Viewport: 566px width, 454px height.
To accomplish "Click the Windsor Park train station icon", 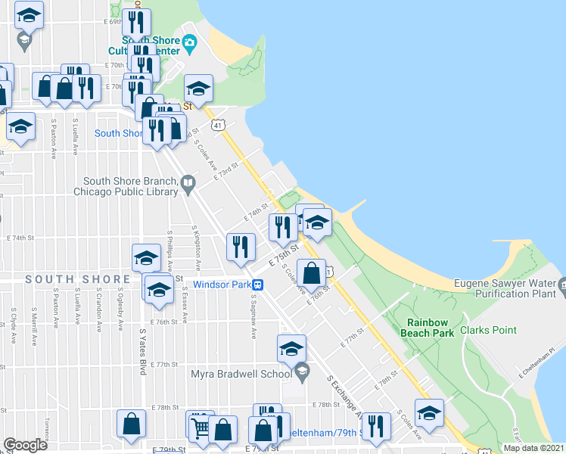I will pyautogui.click(x=258, y=285).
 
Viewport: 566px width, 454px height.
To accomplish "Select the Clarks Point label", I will pyautogui.click(x=492, y=330).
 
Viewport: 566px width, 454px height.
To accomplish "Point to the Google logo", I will pyautogui.click(x=25, y=445).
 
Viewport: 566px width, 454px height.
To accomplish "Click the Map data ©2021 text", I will pyautogui.click(x=533, y=448).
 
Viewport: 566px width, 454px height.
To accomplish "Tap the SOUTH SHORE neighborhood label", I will pyautogui.click(x=78, y=279).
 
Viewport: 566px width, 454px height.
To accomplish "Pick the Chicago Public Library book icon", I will pyautogui.click(x=188, y=182).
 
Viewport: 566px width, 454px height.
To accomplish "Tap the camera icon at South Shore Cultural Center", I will pyautogui.click(x=189, y=42).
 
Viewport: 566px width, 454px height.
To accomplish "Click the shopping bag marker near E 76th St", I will pyautogui.click(x=312, y=272).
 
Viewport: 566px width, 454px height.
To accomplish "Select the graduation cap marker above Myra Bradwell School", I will pyautogui.click(x=291, y=348).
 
